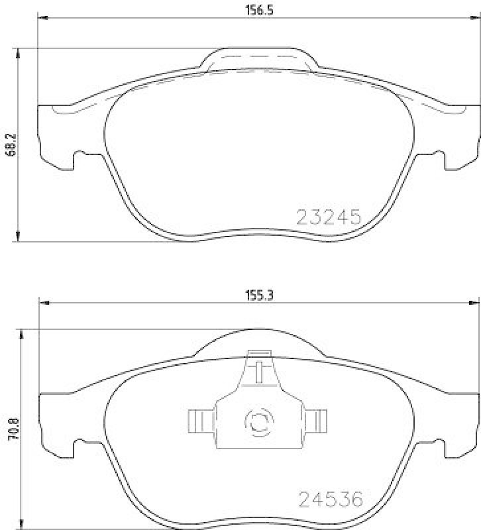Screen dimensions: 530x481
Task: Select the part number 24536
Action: (332, 499)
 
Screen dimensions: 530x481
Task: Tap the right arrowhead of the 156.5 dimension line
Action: (475, 19)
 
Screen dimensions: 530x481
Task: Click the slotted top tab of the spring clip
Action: (260, 367)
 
